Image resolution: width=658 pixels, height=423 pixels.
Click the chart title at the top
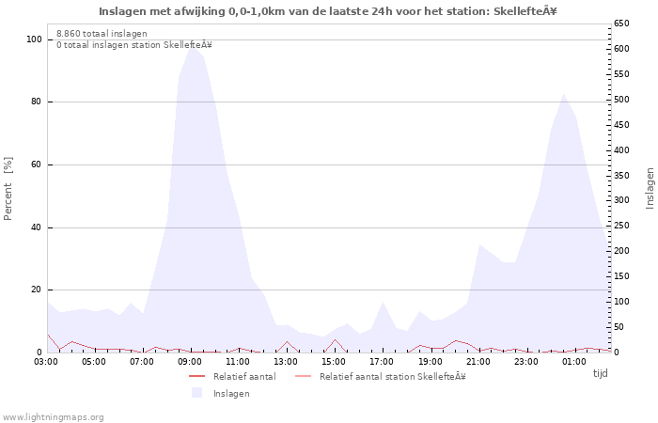coord(328,11)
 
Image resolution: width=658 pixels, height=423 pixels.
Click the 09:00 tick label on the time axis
coord(190,361)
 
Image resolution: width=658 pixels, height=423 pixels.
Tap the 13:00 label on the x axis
coord(286,361)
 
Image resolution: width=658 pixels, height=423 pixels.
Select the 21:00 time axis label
coord(478,361)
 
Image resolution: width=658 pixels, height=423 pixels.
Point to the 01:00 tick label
coord(573,361)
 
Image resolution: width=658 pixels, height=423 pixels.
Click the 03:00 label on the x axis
coord(46,361)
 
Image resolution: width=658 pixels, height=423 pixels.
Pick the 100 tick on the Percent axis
coord(34,39)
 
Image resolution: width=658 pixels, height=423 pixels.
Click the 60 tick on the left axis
coord(37,164)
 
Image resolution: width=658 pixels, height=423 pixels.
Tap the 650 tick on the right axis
coord(622,23)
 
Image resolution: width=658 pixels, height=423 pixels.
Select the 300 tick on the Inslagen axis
coord(622,200)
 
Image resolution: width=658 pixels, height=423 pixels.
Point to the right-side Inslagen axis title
coord(650,188)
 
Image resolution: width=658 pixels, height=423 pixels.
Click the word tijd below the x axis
coord(600,373)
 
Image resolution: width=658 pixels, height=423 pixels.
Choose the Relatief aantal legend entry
coord(243,376)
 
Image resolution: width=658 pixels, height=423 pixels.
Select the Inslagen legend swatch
coord(196,393)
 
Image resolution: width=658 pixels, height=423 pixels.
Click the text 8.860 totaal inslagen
coord(102,33)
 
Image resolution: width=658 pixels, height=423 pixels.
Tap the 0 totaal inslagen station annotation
coord(133,44)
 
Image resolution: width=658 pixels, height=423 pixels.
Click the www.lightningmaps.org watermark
coord(53,416)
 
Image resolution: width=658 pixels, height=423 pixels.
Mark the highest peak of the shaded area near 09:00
coord(192,44)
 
